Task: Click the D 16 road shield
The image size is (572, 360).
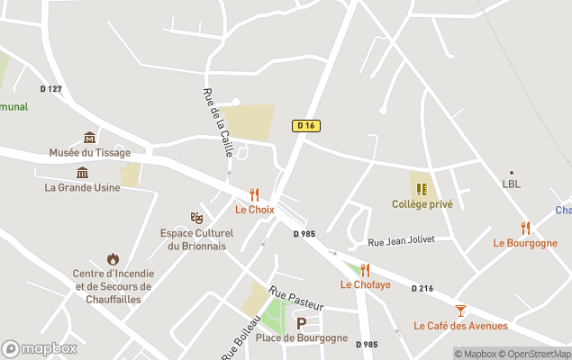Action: (306, 125)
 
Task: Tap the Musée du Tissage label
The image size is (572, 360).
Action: (89, 152)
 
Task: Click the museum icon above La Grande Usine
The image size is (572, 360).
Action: (82, 172)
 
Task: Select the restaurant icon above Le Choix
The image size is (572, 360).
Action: (254, 194)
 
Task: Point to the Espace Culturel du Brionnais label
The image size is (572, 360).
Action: (196, 238)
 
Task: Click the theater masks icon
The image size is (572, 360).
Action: (196, 218)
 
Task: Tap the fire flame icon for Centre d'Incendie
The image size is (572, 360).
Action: (113, 259)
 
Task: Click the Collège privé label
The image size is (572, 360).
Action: (422, 204)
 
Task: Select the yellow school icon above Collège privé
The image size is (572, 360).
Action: (422, 189)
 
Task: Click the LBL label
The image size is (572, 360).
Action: (512, 184)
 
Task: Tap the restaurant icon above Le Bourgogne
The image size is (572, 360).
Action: (525, 228)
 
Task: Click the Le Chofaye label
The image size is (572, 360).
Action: (365, 284)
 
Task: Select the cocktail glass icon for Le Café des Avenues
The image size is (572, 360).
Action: (460, 310)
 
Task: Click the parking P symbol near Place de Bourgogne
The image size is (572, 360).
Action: (302, 323)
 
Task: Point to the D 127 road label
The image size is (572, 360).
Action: (51, 88)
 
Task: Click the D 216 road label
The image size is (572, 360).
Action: (422, 289)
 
